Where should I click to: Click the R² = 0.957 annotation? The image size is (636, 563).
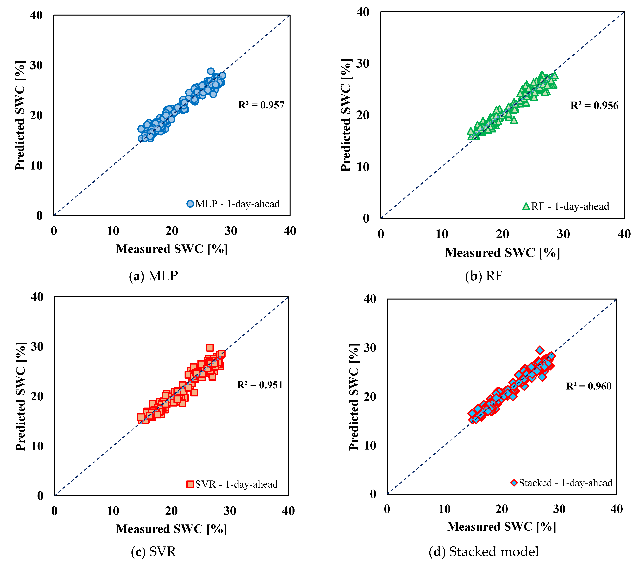pyautogui.click(x=261, y=105)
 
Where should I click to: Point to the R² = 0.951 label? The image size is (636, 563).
pyautogui.click(x=260, y=385)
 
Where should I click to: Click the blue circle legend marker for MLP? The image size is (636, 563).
pyautogui.click(x=190, y=204)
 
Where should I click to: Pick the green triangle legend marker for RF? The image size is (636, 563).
pyautogui.click(x=526, y=206)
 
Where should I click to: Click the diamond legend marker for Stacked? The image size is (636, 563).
pyautogui.click(x=514, y=483)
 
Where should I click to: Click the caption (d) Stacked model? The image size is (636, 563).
pyautogui.click(x=484, y=551)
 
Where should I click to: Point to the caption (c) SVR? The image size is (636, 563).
pyautogui.click(x=153, y=551)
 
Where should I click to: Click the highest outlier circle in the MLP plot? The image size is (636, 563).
pyautogui.click(x=211, y=71)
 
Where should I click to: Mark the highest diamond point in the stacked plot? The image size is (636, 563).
pyautogui.click(x=540, y=350)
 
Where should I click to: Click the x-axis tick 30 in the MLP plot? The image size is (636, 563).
pyautogui.click(x=231, y=231)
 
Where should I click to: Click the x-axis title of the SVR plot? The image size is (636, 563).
pyautogui.click(x=171, y=529)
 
